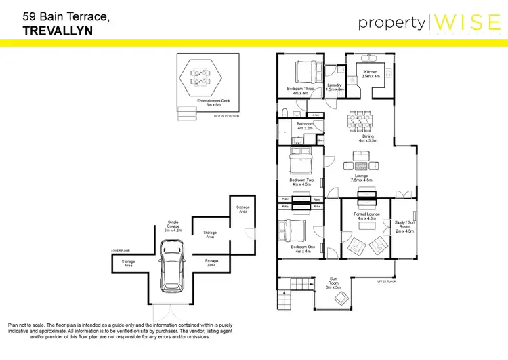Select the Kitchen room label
pos(371,74)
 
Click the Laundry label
pos(335,87)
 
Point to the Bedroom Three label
pos(300,91)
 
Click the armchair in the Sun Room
pos(342,298)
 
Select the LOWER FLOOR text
pos(120,250)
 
